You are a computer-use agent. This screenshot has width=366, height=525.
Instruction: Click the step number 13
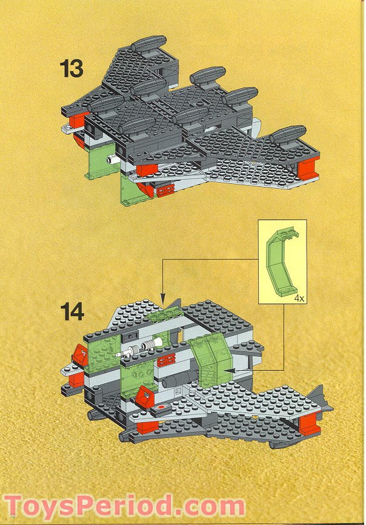point(71,68)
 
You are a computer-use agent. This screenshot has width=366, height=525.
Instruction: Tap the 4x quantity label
point(298,299)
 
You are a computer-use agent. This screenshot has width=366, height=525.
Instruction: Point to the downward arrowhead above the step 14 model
point(162,299)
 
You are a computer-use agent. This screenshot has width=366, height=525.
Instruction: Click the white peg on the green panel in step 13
point(110,161)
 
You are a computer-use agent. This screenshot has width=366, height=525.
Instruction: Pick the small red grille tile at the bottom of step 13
point(164,192)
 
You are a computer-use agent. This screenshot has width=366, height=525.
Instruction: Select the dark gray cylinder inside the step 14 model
point(175,380)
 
